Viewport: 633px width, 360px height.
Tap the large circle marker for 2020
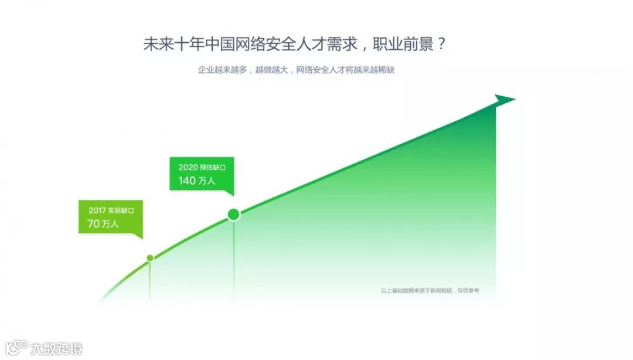tap(234, 215)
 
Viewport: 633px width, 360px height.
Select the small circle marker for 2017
tap(150, 258)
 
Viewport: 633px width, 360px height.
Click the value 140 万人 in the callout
tap(197, 181)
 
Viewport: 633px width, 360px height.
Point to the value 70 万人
tap(103, 223)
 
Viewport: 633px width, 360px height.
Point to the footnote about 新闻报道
tap(430, 290)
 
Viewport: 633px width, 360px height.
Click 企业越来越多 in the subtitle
tap(222, 70)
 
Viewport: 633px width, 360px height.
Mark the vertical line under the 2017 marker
tap(150, 281)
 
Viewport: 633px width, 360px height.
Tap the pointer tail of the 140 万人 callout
tap(229, 192)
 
